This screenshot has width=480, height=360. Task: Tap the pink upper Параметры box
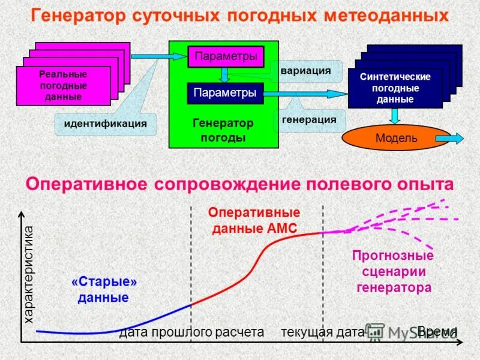click(226, 56)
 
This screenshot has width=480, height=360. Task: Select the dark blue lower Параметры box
click(226, 93)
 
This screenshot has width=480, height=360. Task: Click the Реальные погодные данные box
click(63, 86)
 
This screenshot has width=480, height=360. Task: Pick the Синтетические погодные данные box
click(395, 88)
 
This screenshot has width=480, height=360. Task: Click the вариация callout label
click(305, 70)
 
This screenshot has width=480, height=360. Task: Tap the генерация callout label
click(309, 119)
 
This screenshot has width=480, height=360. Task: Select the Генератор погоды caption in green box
click(223, 130)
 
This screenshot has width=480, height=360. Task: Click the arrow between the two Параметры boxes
click(224, 74)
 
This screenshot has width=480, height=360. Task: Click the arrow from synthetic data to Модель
click(394, 115)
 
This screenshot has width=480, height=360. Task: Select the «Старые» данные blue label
click(104, 289)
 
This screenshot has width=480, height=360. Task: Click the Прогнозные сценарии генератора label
click(394, 271)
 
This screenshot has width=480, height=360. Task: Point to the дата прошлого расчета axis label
click(191, 332)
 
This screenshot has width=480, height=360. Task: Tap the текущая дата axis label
click(322, 332)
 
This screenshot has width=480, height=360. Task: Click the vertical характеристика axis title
click(29, 275)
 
